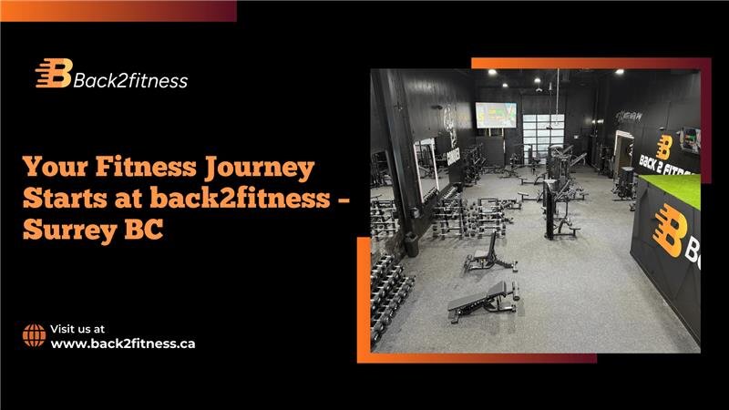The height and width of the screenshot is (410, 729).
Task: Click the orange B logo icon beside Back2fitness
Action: pyautogui.click(x=53, y=75)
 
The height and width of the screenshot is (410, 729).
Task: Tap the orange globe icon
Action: pyautogui.click(x=34, y=335)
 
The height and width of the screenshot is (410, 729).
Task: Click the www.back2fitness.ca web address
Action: pyautogui.click(x=123, y=343)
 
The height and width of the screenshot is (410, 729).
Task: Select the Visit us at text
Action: pyautogui.click(x=77, y=328)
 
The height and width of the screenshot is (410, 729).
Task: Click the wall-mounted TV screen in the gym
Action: pyautogui.click(x=495, y=116)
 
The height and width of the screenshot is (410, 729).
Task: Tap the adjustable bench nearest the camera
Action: pyautogui.click(x=484, y=300)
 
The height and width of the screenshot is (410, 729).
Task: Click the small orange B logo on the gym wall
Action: pyautogui.click(x=664, y=146)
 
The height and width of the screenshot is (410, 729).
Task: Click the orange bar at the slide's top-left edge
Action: pyautogui.click(x=118, y=10)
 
